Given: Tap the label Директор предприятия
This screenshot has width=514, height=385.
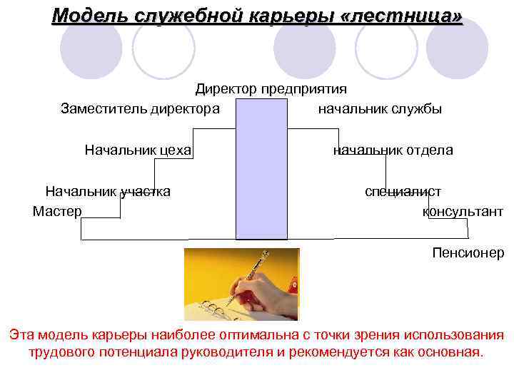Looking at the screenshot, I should coord(271,89).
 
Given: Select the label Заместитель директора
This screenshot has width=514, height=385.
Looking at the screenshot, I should coord(140,109).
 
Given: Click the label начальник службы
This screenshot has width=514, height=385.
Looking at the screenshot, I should coord(380,109).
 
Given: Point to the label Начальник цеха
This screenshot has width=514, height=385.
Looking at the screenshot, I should coord(138,150).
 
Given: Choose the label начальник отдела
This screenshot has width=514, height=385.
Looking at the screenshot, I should coord(393,150).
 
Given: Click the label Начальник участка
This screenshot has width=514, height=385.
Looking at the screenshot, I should coord(108,191).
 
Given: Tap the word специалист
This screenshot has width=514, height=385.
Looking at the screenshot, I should coord(403,191).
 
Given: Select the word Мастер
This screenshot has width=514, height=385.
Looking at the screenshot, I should coord(57,212).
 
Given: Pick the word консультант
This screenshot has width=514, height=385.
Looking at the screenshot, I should coord(463,212).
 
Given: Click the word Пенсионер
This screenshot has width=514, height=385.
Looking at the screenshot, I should coord(468,252).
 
